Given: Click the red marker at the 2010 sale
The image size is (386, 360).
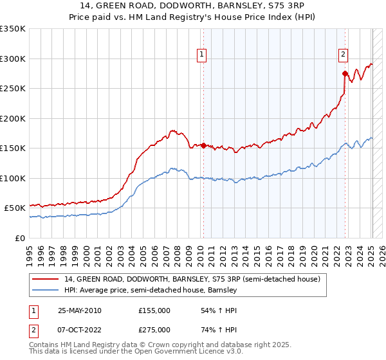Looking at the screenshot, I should pyautogui.click(x=203, y=145).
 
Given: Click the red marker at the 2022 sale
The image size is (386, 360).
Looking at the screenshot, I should pyautogui.click(x=345, y=73).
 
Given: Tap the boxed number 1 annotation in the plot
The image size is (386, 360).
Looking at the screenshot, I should pyautogui.click(x=202, y=55).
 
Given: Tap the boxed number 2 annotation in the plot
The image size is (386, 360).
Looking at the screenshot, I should pyautogui.click(x=344, y=55).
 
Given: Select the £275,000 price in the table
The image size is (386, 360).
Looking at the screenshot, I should pyautogui.click(x=154, y=330).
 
